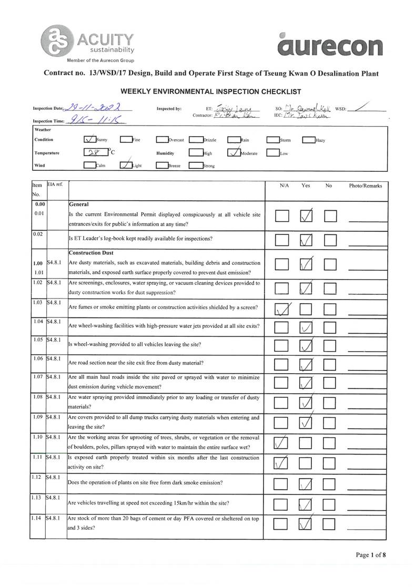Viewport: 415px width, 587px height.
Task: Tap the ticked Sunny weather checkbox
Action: point(90,140)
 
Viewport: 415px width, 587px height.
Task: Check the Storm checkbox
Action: point(272,140)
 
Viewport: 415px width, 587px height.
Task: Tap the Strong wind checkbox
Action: point(196,166)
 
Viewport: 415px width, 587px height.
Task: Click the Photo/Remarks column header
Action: point(365,186)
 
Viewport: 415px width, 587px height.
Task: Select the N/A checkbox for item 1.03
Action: point(282,310)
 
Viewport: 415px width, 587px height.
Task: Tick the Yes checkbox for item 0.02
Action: point(306,240)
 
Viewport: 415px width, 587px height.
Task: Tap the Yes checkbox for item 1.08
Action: point(306,403)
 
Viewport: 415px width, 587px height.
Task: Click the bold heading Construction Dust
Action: point(91,253)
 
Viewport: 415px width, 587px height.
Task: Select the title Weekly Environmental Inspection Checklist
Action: point(210,91)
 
